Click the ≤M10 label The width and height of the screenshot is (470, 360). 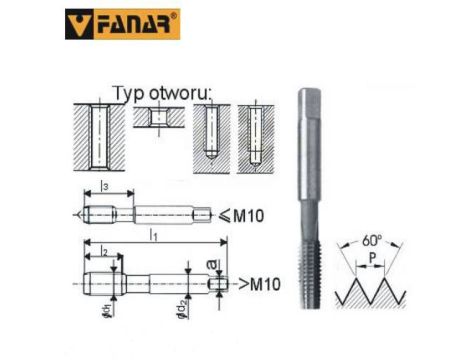coord(237,213)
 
